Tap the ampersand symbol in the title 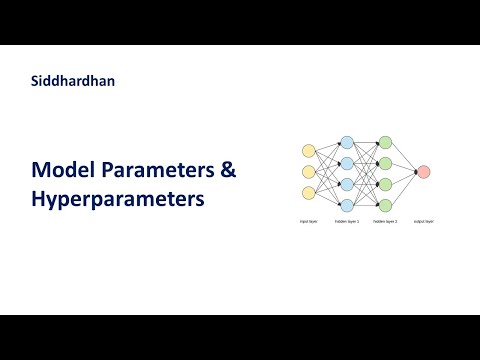228,170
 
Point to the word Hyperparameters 117,199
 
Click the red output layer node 424,172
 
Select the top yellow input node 309,151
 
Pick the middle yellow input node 309,172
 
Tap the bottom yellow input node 309,193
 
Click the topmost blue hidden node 347,141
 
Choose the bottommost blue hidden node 347,204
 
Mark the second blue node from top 347,162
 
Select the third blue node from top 347,183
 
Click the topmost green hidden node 385,141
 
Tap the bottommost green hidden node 385,204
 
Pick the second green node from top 385,162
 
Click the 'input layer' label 309,222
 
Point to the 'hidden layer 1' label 347,222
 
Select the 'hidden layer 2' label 385,222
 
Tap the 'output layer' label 424,222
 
